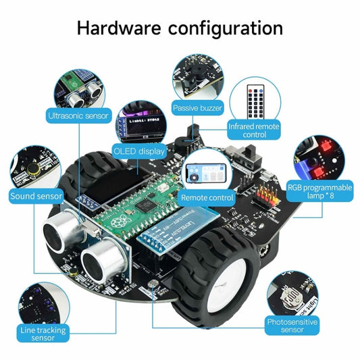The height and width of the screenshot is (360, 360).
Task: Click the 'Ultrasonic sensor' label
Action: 78,115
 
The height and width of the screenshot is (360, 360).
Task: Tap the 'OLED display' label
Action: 138,151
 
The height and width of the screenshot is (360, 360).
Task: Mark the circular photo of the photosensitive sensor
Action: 292,295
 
